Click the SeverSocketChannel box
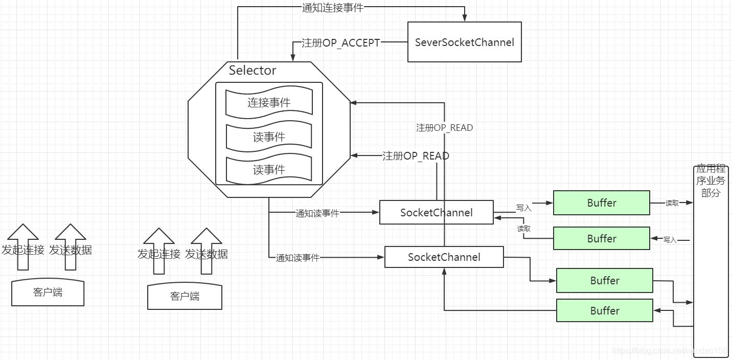tap(464, 42)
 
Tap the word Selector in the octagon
tap(253, 71)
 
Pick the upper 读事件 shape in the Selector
tap(269, 137)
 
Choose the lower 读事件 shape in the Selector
tap(269, 170)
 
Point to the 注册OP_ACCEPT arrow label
tap(340, 43)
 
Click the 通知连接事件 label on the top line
tap(332, 8)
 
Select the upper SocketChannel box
tap(436, 213)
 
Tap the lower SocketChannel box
tap(444, 257)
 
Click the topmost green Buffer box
tap(601, 203)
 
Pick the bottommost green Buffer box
tap(604, 311)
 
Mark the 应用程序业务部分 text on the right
tap(710, 181)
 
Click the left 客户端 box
tap(48, 292)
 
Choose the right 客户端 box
tap(185, 297)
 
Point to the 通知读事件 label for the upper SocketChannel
tap(317, 213)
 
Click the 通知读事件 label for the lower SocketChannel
tap(298, 258)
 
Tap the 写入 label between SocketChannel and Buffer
tap(523, 208)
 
